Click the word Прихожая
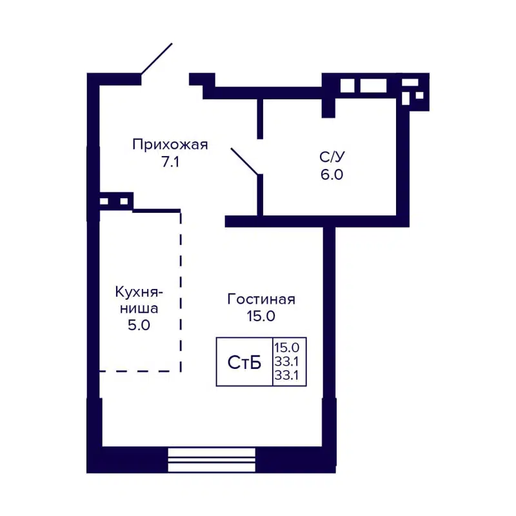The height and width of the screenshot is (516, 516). (170, 144)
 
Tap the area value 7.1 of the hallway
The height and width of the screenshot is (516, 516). (170, 163)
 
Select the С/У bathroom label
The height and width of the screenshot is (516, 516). (330, 157)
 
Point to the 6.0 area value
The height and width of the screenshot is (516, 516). (330, 175)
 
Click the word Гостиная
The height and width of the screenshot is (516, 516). (261, 299)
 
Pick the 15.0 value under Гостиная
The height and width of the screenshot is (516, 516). (261, 317)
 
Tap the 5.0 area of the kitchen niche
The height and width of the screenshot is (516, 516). (139, 325)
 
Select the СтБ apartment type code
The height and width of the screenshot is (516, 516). (244, 362)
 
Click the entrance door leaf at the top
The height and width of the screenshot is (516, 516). (157, 59)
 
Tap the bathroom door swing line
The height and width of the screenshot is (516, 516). (245, 161)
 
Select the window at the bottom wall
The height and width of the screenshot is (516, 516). (212, 460)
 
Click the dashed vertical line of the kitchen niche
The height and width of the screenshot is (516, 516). (181, 290)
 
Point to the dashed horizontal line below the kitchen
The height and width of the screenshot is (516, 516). (139, 371)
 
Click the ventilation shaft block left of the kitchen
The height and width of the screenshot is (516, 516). (115, 201)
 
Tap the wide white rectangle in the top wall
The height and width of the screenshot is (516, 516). (373, 86)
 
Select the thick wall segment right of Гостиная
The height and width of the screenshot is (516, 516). (329, 310)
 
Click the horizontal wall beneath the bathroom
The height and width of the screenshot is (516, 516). (316, 221)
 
